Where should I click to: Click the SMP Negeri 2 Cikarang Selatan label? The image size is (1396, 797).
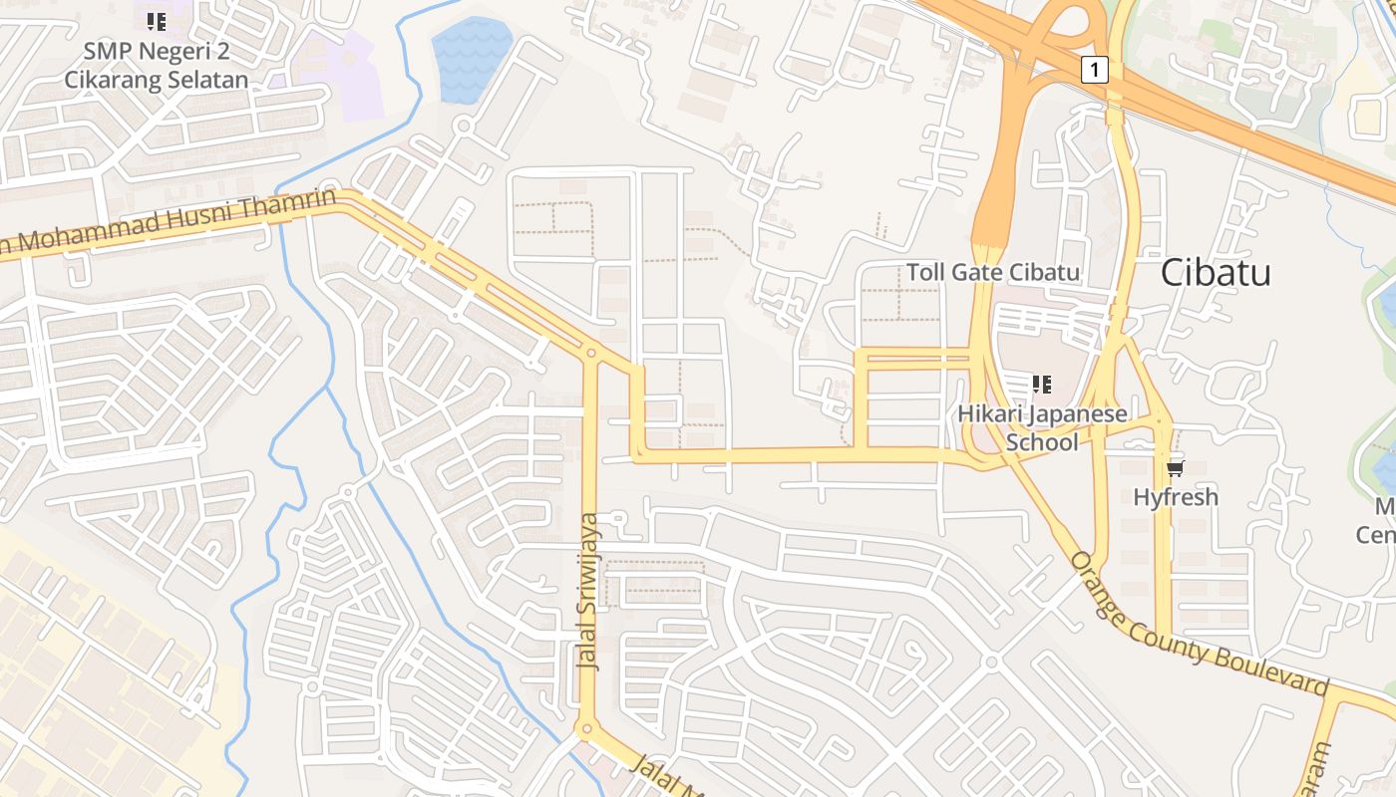coord(156,65)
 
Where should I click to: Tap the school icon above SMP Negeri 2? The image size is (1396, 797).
coord(156,21)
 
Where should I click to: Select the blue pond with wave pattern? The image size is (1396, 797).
coord(471,58)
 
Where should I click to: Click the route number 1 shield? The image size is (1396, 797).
coord(1094,69)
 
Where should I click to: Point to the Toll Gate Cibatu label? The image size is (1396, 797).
coord(992,272)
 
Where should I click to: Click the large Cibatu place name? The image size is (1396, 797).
coord(1216,272)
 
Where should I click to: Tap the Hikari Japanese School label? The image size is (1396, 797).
coord(1042,427)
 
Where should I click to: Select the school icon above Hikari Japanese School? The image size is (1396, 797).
coord(1042,384)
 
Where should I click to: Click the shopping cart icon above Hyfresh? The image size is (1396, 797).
coord(1175,467)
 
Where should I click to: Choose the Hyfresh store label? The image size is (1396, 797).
coord(1176,496)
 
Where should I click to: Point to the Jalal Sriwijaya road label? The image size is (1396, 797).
coord(590,592)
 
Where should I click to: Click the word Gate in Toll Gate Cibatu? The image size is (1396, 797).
coord(977,272)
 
